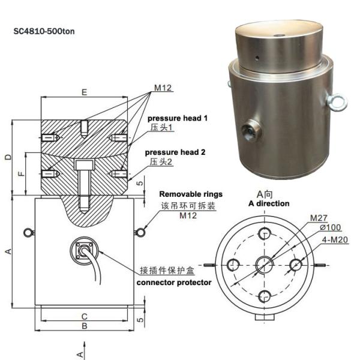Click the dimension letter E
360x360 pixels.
(84, 92)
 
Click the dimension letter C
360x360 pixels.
(85, 316)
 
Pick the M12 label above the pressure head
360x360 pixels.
(163, 88)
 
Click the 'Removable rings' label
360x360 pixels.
(191, 194)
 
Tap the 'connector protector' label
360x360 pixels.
(174, 282)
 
